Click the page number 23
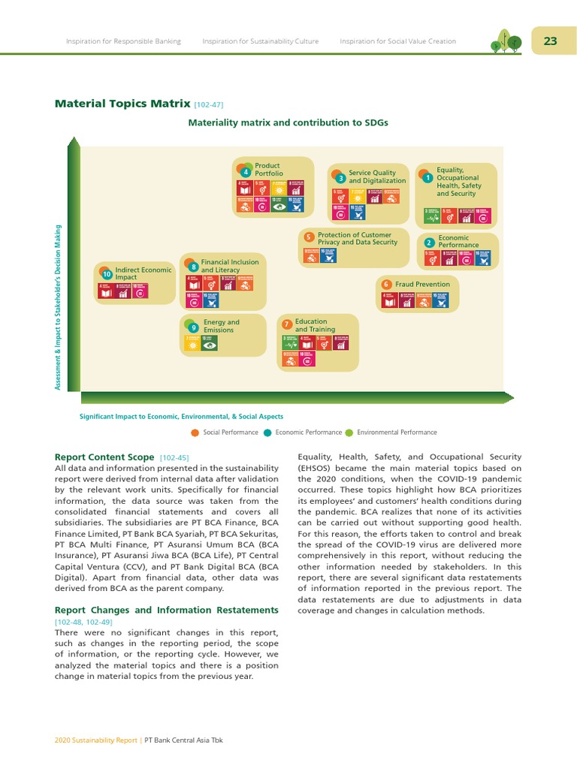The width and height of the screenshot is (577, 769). pos(551,41)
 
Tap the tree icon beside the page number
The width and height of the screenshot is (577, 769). pos(506,41)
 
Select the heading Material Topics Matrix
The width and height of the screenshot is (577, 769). pos(122,104)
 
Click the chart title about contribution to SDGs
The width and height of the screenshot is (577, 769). pos(288,122)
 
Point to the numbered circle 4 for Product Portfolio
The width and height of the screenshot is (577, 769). pos(246,173)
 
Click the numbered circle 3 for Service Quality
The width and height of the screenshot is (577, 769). pos(340,179)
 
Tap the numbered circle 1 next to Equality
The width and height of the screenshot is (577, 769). pos(427,179)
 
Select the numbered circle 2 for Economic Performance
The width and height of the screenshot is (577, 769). pos(428,243)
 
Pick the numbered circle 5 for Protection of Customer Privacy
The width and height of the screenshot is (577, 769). pos(309,237)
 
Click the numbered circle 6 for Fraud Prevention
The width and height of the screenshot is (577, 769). pos(386,285)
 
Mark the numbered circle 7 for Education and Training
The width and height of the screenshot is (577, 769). pos(287,324)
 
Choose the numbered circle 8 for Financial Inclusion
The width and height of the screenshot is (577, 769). pos(194,267)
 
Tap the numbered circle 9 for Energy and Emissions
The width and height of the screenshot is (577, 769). pos(194,327)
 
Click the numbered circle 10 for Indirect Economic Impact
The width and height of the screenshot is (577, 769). pos(107,275)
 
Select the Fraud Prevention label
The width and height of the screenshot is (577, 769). pos(422,285)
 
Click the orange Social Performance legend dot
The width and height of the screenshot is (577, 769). pos(195,433)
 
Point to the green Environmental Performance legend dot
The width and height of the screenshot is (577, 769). pos(349,433)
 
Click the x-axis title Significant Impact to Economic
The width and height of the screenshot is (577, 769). pos(181,416)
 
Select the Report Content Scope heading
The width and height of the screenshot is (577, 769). pos(105,457)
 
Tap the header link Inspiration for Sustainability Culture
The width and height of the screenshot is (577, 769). pos(261,41)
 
